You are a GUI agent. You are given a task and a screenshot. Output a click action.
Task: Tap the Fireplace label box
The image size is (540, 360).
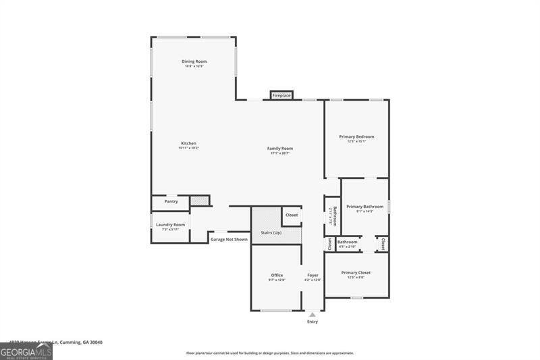(281, 95)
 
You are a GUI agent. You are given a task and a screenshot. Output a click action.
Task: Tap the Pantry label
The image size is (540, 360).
(171, 201)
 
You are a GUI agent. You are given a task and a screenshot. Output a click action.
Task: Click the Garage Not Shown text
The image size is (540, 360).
(229, 239)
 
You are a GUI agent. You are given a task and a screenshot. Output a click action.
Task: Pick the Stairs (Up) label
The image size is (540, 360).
(271, 232)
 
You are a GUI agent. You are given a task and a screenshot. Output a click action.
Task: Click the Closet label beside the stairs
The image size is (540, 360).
(292, 215)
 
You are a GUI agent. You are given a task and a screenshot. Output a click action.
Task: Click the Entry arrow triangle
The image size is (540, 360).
(312, 314)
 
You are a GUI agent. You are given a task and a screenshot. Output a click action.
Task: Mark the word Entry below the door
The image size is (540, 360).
(312, 322)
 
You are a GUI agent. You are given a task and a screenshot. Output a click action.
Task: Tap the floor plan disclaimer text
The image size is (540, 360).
(270, 353)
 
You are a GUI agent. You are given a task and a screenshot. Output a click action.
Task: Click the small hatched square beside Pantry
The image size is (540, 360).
(199, 201)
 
